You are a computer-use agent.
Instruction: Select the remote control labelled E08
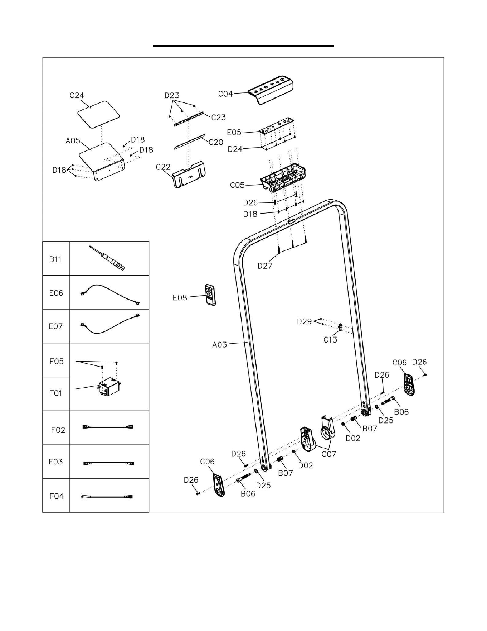tap(210, 295)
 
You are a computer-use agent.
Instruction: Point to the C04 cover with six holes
tap(271, 90)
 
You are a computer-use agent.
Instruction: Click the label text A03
tap(220, 345)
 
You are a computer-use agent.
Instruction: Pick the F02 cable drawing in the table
tap(108, 427)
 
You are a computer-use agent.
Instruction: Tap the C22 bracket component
tap(189, 175)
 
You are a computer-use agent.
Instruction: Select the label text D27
tap(265, 266)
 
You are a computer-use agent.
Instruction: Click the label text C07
tap(329, 454)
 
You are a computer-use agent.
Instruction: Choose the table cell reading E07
tap(56, 326)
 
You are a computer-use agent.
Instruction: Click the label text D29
tap(305, 321)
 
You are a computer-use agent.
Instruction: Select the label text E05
tap(234, 133)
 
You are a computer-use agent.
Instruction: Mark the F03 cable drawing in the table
tap(108, 463)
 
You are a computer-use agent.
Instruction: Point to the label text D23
tap(172, 96)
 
